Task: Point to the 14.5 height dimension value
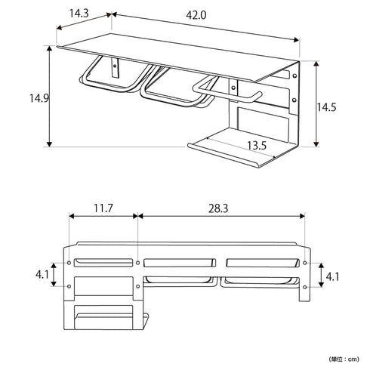pos(326,106)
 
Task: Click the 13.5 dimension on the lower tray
pos(257,145)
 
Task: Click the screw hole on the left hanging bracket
pos(116,67)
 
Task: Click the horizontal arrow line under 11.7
pos(103,217)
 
